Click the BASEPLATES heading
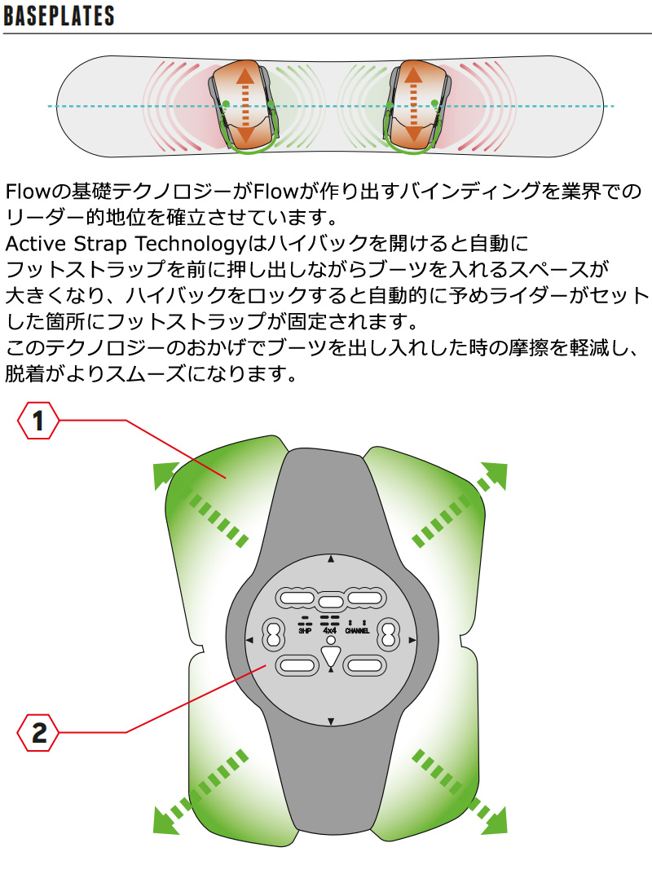pyautogui.click(x=59, y=15)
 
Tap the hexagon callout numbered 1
pyautogui.click(x=37, y=421)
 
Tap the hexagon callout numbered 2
pyautogui.click(x=37, y=732)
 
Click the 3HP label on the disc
pyautogui.click(x=305, y=631)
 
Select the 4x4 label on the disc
pyautogui.click(x=330, y=630)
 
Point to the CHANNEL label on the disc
pyautogui.click(x=357, y=631)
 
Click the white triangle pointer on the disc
pyautogui.click(x=331, y=655)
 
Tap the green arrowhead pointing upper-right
pyautogui.click(x=495, y=475)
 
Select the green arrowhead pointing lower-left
pyautogui.click(x=165, y=821)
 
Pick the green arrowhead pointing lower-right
pyautogui.click(x=495, y=821)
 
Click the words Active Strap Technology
pyautogui.click(x=126, y=244)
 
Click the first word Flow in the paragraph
pyautogui.click(x=28, y=191)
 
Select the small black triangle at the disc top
pyautogui.click(x=331, y=558)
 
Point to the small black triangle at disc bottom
pyautogui.click(x=331, y=722)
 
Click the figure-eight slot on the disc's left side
pyautogui.click(x=273, y=635)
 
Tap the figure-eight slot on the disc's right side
pyautogui.click(x=389, y=635)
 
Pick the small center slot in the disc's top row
pyautogui.click(x=331, y=602)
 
